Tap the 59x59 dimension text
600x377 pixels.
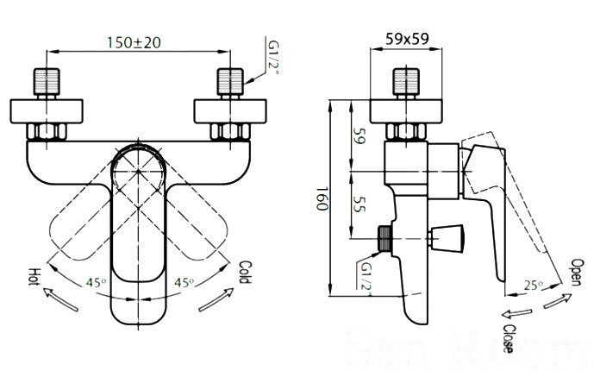pyautogui.click(x=408, y=39)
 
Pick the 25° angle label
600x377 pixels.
pyautogui.click(x=531, y=285)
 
